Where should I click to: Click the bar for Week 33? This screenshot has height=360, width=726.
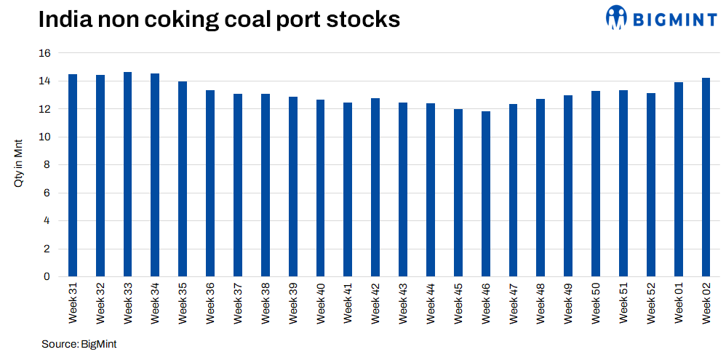point(127,175)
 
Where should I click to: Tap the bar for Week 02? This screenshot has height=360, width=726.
point(706,177)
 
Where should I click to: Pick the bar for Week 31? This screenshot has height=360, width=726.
point(73,175)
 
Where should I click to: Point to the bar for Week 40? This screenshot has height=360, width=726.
point(320,188)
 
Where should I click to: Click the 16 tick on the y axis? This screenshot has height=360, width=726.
point(44,54)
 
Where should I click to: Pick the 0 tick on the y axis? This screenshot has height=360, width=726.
point(47,277)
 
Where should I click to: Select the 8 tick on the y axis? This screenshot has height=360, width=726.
point(47,165)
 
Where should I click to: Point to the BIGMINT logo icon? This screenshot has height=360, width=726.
point(616,17)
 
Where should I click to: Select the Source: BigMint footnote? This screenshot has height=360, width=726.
point(79,343)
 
